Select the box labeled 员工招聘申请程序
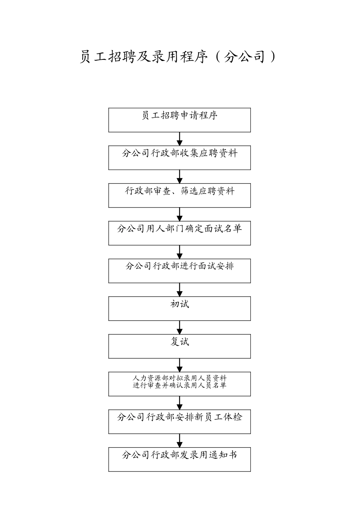pos(179,120)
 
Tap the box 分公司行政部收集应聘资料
pos(179,158)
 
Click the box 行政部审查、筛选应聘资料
pos(179,195)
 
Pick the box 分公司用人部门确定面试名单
pos(179,233)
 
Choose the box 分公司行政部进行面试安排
pos(179,271)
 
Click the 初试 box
pos(179,308)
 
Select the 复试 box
pos(179,346)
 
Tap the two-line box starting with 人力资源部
pos(179,384)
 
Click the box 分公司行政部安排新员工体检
pos(179,422)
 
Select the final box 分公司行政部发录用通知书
pos(179,459)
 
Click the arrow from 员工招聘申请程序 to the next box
pos(180,139)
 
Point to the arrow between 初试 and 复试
pos(180,327)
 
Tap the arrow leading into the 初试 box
pos(180,290)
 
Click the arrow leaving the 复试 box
pos(180,365)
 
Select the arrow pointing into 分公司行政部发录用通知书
pos(180,440)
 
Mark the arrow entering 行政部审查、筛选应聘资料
pos(180,176)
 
